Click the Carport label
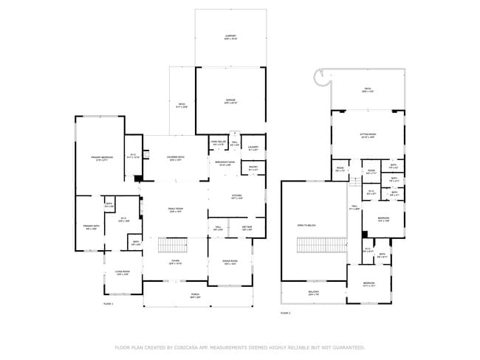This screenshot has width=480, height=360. coord(230,36)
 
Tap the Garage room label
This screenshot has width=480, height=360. coord(230,100)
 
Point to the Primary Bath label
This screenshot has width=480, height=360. coord(92,226)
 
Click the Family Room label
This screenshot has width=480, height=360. coord(175,210)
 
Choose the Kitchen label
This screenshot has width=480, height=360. coord(236,197)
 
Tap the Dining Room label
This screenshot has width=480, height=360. coord(230,262)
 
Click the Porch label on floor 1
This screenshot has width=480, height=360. coord(195,295)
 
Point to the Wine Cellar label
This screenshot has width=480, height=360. coord(218,142)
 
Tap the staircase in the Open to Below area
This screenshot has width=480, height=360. coord(321,244)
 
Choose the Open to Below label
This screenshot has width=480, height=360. coord(306,225)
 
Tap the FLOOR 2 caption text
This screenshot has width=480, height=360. coord(285,313)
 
